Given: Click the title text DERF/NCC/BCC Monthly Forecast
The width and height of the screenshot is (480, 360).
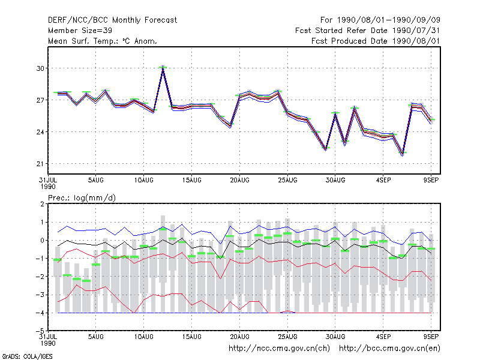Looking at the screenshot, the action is [x=112, y=20].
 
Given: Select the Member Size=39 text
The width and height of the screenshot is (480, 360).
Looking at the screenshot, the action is [x=80, y=31].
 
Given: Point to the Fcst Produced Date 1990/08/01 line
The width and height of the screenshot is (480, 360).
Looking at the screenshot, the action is [x=376, y=41].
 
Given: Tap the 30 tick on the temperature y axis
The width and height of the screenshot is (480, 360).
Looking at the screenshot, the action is [x=40, y=68].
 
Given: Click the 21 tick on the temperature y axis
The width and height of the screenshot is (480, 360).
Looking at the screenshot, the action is [x=40, y=164].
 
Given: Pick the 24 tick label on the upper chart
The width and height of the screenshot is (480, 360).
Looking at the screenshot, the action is [x=40, y=132].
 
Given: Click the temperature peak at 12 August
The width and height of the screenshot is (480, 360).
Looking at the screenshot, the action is [x=163, y=67].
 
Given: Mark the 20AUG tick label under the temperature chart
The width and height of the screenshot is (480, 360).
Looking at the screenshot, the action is [x=239, y=181].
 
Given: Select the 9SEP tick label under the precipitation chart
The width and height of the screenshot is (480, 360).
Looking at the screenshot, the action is [x=431, y=337].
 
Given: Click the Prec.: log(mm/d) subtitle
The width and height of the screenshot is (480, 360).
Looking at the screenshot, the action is [x=82, y=198].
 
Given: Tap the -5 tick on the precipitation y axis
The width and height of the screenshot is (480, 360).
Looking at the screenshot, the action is [x=40, y=331].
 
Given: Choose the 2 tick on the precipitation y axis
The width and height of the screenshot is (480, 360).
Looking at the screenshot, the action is [x=42, y=204].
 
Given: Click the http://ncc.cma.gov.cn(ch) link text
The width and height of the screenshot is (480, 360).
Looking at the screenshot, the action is [x=279, y=349].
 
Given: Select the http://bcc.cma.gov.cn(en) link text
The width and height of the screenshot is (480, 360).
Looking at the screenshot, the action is [x=389, y=349].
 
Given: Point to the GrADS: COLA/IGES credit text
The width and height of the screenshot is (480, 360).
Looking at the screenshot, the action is [x=27, y=356].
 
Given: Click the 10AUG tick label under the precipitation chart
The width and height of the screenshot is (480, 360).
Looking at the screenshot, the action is [x=143, y=337].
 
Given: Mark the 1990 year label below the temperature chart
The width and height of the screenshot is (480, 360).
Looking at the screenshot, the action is [x=48, y=187].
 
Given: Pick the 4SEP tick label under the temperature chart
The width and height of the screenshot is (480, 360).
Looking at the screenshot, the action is [x=383, y=181].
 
